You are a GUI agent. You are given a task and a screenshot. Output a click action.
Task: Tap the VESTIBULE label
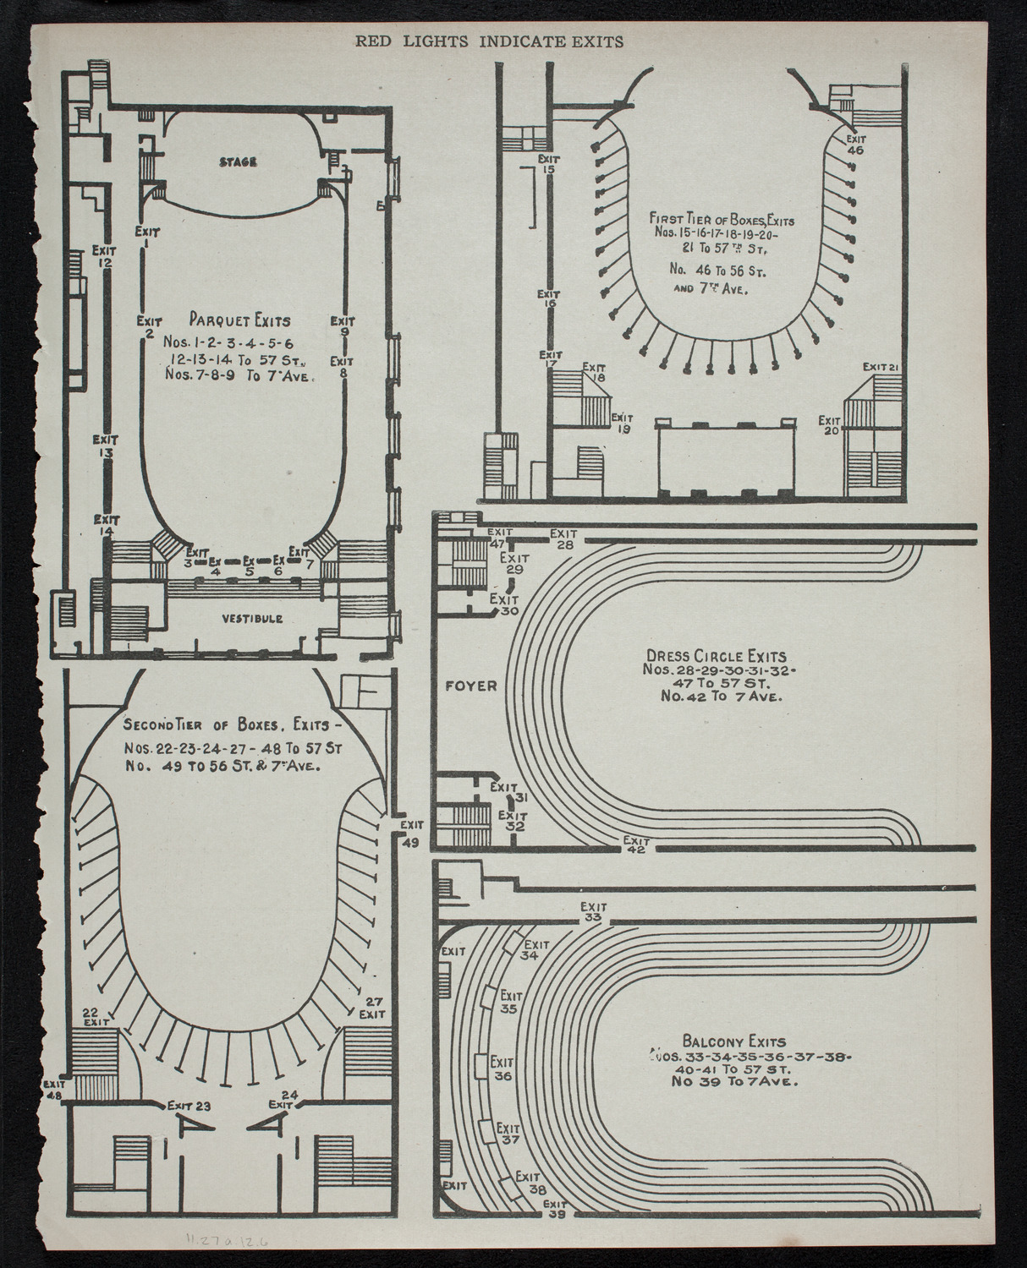pyautogui.click(x=252, y=619)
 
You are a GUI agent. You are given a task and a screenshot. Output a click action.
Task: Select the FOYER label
pyautogui.click(x=472, y=686)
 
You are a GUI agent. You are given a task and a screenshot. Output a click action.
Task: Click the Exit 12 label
pyautogui.click(x=104, y=255)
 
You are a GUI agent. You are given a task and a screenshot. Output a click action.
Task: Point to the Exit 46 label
pyautogui.click(x=855, y=144)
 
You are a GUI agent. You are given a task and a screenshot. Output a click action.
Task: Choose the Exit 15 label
pyautogui.click(x=549, y=163)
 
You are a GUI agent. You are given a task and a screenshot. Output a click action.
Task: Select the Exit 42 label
pyautogui.click(x=635, y=844)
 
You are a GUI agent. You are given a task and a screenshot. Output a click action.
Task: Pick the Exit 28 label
pyautogui.click(x=563, y=538)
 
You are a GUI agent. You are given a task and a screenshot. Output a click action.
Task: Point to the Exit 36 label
pyautogui.click(x=503, y=1069)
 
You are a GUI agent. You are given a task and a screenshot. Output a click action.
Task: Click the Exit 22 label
pyautogui.click(x=93, y=1016)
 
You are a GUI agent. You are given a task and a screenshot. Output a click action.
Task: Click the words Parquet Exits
pyautogui.click(x=240, y=320)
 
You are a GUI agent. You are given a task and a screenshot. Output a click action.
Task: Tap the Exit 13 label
pyautogui.click(x=105, y=445)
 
